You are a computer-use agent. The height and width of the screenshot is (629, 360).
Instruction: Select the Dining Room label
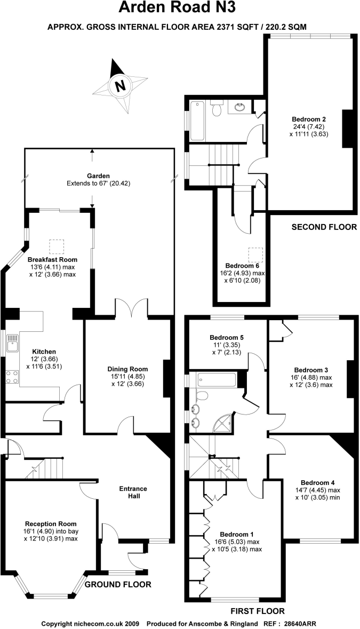coord(127,369)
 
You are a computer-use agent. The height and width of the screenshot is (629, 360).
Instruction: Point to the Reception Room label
coord(51,523)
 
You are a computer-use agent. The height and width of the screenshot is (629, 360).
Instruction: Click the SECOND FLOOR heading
coord(324,227)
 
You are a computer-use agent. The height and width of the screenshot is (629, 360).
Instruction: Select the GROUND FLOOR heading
coord(118,584)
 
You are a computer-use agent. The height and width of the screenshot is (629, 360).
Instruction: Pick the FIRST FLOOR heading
coord(257,611)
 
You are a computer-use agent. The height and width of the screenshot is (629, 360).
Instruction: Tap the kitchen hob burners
coord(11,377)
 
